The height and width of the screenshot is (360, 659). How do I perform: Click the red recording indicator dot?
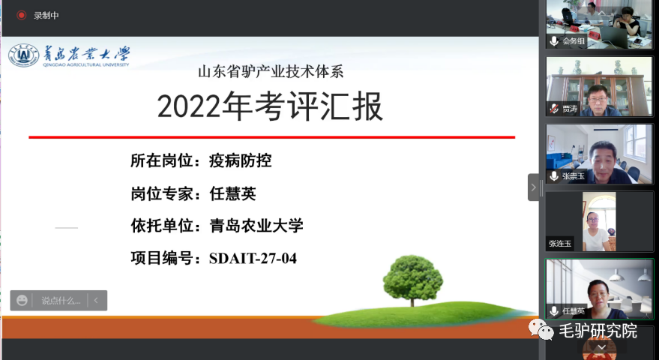(21, 16)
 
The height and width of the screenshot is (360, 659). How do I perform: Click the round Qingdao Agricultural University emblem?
(23, 55)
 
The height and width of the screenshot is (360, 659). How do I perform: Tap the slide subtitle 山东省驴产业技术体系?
(271, 72)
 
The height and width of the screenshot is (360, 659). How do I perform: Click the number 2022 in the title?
(189, 106)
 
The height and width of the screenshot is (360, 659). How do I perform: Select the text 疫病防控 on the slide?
(241, 160)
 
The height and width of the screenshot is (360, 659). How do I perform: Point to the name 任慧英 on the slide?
(233, 193)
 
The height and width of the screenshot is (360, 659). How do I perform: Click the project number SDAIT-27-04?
(253, 258)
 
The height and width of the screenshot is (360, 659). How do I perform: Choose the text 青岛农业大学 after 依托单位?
(256, 226)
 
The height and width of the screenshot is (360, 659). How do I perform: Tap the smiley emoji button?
(22, 300)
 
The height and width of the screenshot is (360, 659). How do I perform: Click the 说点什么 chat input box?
(61, 301)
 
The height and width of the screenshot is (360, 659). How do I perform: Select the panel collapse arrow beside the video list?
(533, 187)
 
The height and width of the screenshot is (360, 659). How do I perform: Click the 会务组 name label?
(574, 40)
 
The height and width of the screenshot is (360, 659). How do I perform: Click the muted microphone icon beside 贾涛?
(554, 109)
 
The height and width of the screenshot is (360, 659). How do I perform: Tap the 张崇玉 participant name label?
(574, 176)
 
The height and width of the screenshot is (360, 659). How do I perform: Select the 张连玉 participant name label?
(560, 244)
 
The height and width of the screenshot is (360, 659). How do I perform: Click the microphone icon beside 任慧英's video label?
(554, 310)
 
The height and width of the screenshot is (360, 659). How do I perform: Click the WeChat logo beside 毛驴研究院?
(541, 329)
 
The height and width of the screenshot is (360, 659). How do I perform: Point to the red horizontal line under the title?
(271, 137)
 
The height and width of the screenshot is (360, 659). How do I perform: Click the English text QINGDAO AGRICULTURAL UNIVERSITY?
(85, 64)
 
